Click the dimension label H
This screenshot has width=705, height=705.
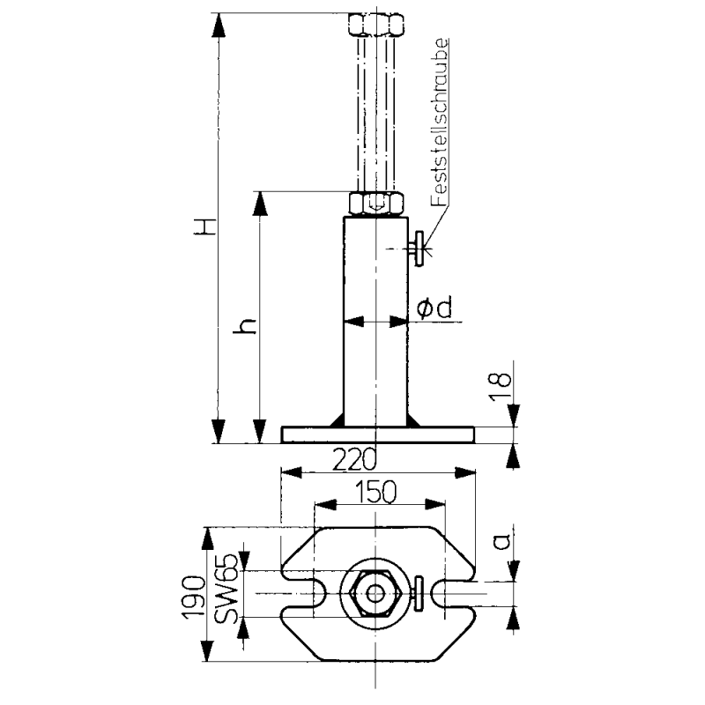[204, 227]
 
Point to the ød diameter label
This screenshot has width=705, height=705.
[434, 308]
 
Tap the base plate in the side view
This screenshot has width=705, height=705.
[377, 434]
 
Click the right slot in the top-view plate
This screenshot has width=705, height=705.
[454, 593]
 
